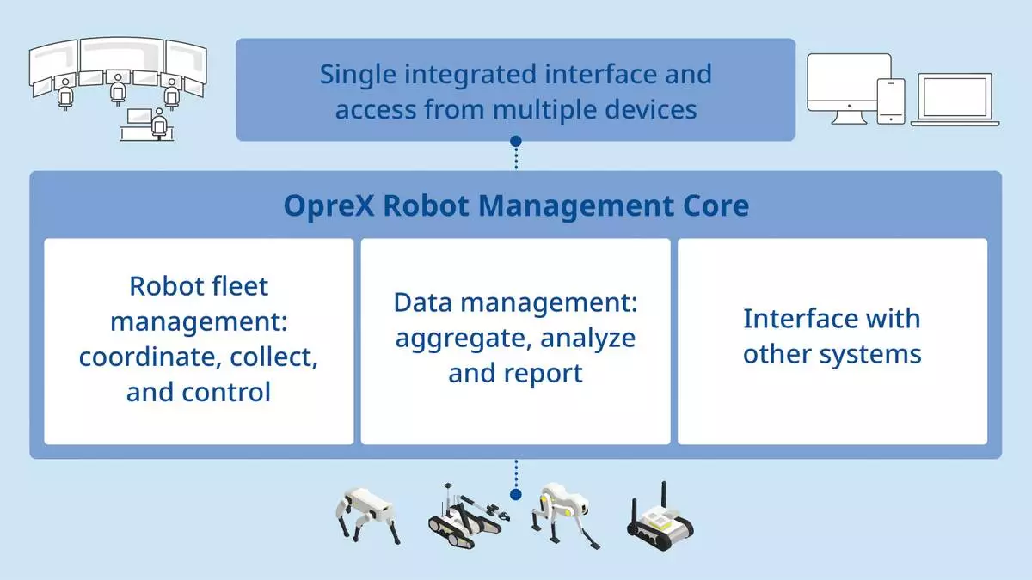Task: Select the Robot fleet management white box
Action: click(199, 341)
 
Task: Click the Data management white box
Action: click(515, 341)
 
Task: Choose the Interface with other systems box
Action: click(832, 341)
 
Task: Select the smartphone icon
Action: click(891, 101)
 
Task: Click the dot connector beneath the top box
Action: click(515, 141)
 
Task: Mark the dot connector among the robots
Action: click(515, 495)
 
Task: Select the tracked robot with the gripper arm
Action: click(465, 517)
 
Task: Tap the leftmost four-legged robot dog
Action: click(366, 516)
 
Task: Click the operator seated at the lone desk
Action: click(158, 124)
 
